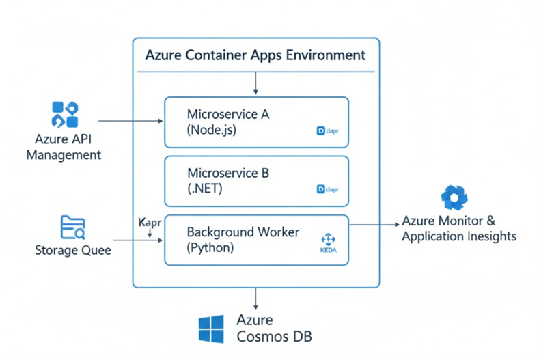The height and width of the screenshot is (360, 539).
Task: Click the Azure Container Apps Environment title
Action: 255,55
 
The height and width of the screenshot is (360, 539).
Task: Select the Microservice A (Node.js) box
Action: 256,122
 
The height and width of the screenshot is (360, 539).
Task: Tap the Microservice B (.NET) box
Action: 256,181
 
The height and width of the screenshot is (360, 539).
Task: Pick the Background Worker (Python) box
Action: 256,240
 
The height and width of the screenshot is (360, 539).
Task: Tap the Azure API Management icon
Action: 65,114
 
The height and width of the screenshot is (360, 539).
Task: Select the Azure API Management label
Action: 64,147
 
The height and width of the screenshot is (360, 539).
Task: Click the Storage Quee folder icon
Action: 72,227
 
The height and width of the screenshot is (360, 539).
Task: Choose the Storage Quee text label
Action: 72,251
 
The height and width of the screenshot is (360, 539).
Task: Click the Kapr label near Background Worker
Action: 150,223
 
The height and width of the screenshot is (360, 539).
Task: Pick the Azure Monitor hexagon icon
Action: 454,197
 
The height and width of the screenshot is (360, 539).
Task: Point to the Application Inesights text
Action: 458,237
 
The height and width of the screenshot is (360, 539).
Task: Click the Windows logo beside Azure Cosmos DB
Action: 211,329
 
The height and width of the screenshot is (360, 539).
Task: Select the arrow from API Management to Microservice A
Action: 130,122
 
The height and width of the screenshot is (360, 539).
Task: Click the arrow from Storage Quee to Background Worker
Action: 137,240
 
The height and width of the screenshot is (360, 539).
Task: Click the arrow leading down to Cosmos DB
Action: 255,299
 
